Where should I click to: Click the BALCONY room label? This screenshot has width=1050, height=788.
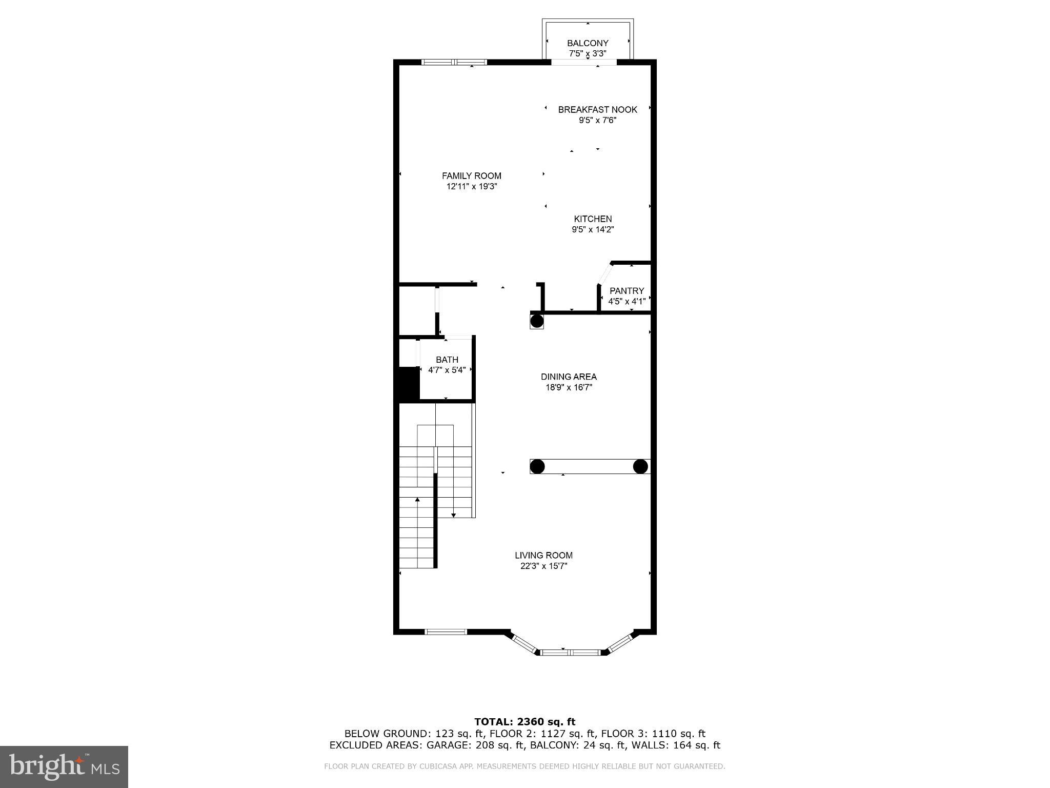coord(588,43)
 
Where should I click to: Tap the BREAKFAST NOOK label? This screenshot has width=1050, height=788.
coord(597,109)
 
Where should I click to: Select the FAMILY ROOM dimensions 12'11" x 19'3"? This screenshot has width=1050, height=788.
coord(472,187)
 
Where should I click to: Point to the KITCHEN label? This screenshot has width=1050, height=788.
coord(593,219)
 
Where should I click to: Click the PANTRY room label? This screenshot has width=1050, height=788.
coord(627,290)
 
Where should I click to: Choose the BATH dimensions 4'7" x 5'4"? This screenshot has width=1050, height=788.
coord(447,370)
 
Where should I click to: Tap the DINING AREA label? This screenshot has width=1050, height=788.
coord(569,377)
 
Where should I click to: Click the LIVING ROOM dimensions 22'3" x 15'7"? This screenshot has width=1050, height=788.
coord(543,566)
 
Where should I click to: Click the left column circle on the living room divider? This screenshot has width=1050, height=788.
coord(537,466)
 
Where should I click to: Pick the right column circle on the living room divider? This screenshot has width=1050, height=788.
coord(640,466)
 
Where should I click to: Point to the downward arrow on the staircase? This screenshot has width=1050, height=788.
coord(454,515)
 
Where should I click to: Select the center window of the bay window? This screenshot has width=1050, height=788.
coord(571,652)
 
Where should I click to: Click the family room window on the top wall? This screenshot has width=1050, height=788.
coord(454,62)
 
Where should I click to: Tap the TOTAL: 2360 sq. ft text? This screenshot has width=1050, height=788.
coord(524,722)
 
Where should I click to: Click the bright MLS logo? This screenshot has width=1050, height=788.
coord(64,766)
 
